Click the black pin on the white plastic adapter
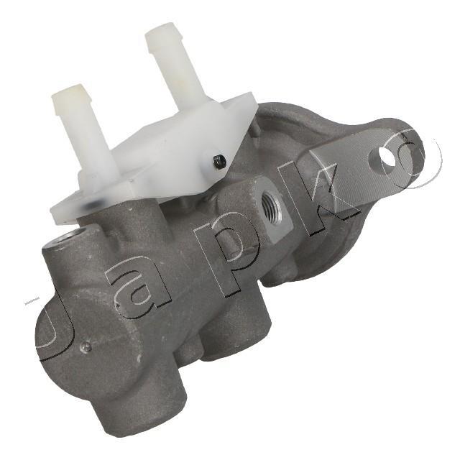(x=219, y=161)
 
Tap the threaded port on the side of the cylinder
(x=270, y=205)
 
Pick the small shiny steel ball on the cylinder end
(x=86, y=347)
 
